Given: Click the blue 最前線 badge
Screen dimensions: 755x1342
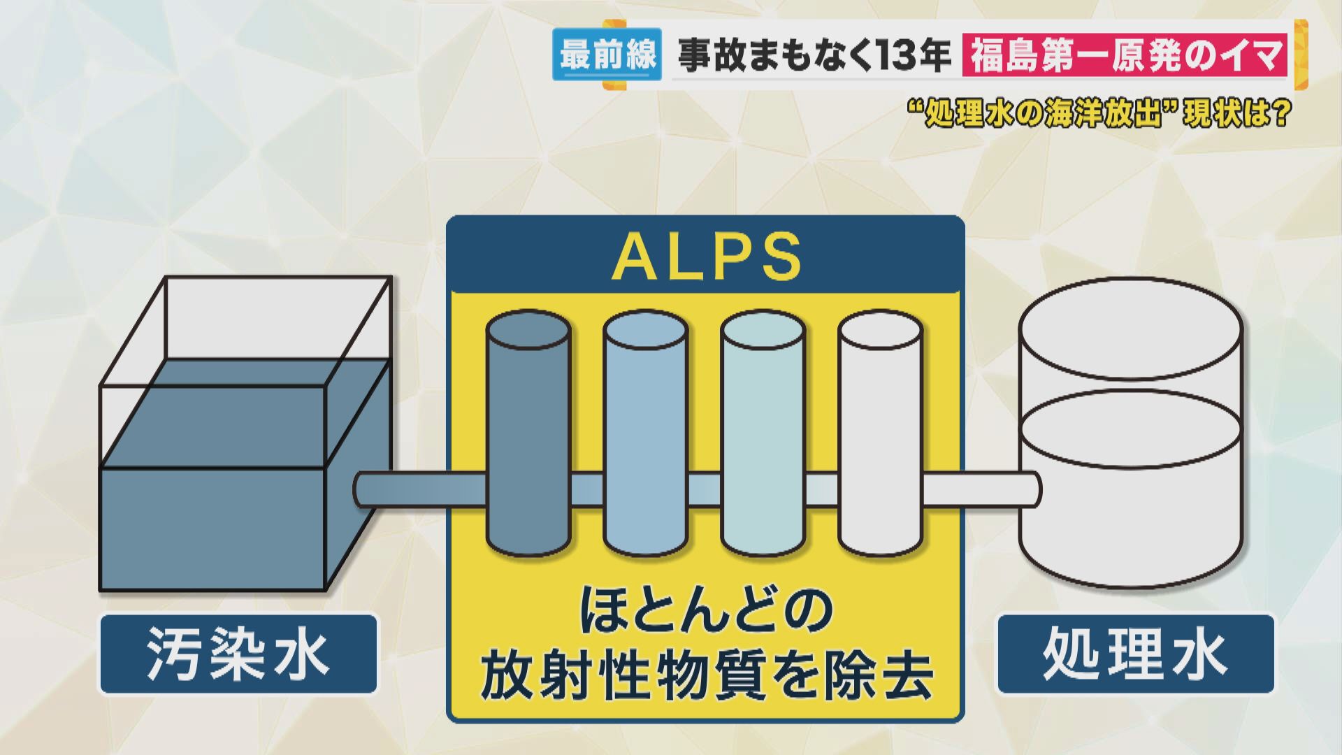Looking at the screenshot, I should click(x=607, y=55).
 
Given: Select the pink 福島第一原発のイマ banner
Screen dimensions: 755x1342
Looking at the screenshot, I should click(x=1125, y=56).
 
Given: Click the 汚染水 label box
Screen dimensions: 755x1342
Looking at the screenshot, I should click(x=238, y=654).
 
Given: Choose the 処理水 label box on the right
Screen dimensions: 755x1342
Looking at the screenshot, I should click(x=1134, y=654).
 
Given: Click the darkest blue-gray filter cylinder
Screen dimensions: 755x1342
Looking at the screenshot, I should click(x=528, y=433).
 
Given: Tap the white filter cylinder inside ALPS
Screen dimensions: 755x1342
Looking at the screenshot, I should click(x=880, y=433).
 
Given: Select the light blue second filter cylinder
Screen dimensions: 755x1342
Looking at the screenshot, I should click(x=645, y=433).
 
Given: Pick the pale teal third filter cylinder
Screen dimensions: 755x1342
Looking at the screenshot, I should click(x=763, y=433).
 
